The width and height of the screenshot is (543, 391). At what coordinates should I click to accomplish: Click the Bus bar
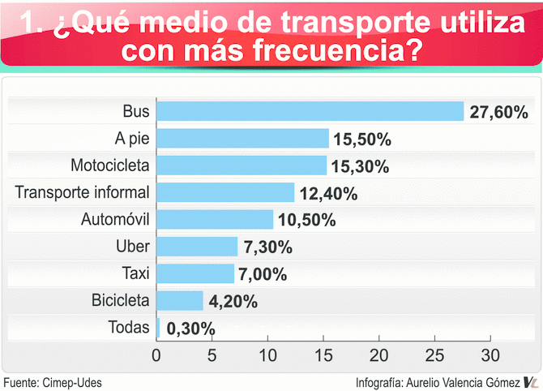click(x=310, y=111)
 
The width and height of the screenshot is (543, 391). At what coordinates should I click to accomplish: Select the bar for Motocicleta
click(x=242, y=165)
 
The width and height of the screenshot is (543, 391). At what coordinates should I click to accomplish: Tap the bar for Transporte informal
click(x=225, y=192)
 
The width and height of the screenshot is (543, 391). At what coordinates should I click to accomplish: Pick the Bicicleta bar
click(x=179, y=301)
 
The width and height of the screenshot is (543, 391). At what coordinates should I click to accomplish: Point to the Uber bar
click(x=197, y=247)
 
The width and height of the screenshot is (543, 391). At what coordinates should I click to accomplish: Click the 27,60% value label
click(x=498, y=112)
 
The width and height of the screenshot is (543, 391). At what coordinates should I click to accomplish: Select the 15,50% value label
click(x=361, y=140)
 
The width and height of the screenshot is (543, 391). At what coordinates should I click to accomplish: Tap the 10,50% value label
click(x=306, y=221)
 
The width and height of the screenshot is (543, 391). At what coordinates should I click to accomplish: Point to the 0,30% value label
click(x=189, y=329)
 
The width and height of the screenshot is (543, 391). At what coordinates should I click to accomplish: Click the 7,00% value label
click(x=263, y=274)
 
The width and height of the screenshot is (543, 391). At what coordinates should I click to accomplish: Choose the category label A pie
click(x=132, y=138)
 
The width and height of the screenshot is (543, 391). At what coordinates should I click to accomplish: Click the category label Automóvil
click(x=116, y=219)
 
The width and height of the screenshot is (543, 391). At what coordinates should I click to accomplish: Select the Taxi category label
click(x=135, y=273)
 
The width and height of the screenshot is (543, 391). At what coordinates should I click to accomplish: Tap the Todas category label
click(x=129, y=328)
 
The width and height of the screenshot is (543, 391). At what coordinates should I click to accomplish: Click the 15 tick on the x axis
click(x=323, y=354)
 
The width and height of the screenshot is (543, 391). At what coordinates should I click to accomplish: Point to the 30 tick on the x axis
click(x=489, y=354)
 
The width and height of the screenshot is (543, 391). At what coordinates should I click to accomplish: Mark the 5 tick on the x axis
click(x=212, y=354)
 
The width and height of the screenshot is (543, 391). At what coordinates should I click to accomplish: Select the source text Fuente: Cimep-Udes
click(x=53, y=382)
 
